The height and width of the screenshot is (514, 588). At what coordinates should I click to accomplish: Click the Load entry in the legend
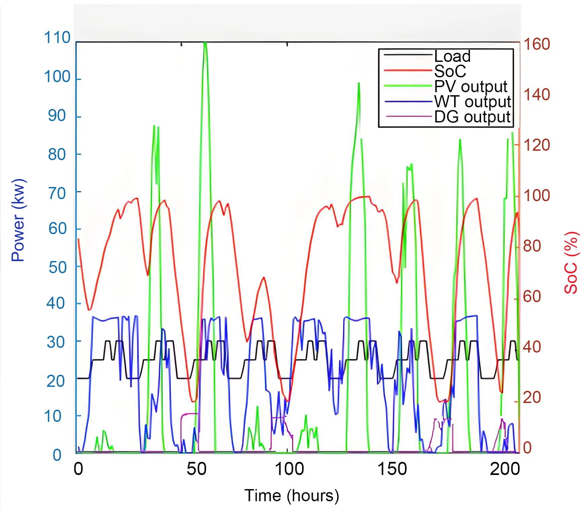[x=452, y=56]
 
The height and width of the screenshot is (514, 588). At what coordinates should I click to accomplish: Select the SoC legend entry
[x=450, y=71]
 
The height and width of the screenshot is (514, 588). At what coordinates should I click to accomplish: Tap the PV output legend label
[x=470, y=86]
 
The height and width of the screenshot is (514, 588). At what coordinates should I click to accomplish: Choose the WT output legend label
[x=472, y=102]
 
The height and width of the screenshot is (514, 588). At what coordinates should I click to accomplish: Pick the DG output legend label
[x=472, y=117]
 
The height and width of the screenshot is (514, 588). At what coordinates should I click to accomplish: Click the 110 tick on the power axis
[x=57, y=38]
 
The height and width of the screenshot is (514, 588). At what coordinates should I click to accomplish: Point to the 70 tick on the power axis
[x=57, y=194]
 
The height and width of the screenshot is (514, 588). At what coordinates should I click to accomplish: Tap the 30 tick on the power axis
[x=56, y=342]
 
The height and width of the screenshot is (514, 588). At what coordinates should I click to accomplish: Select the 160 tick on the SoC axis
[x=537, y=44]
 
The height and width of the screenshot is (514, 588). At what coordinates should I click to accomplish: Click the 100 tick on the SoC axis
[x=537, y=195]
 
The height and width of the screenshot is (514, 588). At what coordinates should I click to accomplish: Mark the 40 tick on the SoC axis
[x=532, y=347]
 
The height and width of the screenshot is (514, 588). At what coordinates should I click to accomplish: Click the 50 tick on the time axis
[x=196, y=469]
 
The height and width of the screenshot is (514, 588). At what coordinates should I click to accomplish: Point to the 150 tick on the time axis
[x=392, y=469]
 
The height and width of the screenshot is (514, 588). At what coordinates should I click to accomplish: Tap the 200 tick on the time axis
[x=505, y=469]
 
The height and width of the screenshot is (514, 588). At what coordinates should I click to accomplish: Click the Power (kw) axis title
[x=18, y=220]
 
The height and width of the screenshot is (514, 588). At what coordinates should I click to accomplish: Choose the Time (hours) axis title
[x=292, y=495]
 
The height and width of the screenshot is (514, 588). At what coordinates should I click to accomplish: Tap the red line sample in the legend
[x=408, y=71]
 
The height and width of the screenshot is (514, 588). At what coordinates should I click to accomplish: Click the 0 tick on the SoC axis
[x=527, y=448]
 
